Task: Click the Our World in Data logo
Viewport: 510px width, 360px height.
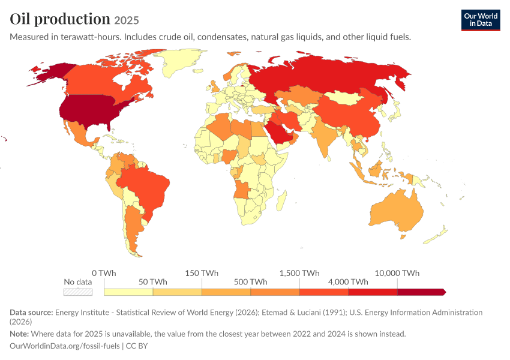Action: coord(481,20)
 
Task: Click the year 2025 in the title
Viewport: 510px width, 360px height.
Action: coord(127,20)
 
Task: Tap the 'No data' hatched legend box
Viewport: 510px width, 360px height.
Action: coord(78,292)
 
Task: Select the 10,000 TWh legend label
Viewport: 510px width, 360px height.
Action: coord(397,273)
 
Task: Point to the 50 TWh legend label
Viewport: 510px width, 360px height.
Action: coord(153,281)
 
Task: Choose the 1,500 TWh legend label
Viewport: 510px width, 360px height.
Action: coord(299,273)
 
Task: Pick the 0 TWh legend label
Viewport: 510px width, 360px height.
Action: coord(104,273)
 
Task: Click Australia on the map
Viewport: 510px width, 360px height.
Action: coord(397,211)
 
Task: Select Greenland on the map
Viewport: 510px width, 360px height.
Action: coord(179,62)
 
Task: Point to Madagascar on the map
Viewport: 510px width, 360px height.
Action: coord(282,200)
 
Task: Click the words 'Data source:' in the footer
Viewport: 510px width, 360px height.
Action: coord(31,312)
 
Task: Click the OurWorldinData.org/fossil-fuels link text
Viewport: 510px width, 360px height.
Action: coord(65,346)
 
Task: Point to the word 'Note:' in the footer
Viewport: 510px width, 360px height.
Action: coord(19,334)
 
